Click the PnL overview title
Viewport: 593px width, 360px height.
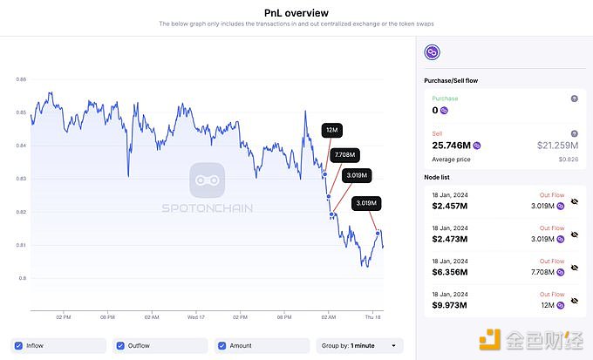(x=296, y=13)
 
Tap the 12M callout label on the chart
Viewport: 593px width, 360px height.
(x=331, y=130)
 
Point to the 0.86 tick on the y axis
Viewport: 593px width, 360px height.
(x=21, y=79)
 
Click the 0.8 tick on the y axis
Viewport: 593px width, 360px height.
(x=22, y=278)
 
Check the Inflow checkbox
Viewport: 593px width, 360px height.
(x=19, y=345)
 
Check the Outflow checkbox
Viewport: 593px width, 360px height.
(x=121, y=345)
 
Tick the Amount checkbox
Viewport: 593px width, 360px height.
(x=222, y=345)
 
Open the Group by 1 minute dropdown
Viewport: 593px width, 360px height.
(x=359, y=345)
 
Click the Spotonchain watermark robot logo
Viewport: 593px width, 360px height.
(x=207, y=180)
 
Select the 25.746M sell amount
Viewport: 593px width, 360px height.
(x=452, y=145)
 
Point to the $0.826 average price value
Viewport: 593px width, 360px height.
(x=569, y=160)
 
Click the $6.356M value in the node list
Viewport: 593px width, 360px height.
(x=450, y=272)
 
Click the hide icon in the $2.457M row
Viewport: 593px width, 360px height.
(x=574, y=204)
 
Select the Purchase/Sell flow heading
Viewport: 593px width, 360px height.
(x=450, y=80)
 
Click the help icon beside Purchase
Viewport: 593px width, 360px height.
(x=574, y=98)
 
